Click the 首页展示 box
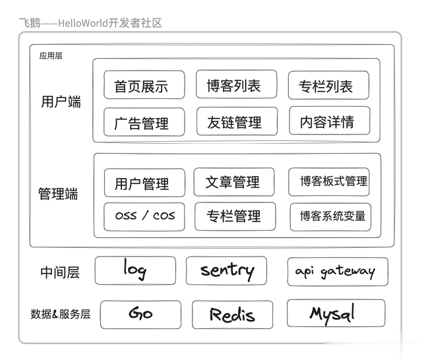pos(144,85)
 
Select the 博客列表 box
pos(237,84)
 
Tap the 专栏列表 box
pos(328,85)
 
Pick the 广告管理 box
pos(144,122)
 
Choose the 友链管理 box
pos(237,121)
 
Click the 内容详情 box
pos(330,121)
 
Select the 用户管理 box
pos(145,183)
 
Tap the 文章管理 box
pos(234,182)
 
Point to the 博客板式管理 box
pos(329,182)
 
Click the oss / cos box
pos(144,217)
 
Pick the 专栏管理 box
pos(235,216)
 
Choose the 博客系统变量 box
pos(330,217)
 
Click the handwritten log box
pos(135,270)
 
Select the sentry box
pos(226,270)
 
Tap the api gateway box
pos(338,272)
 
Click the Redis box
pos(233,315)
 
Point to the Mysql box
pos(336,313)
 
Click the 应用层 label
pos(51,55)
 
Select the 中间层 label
pos(60,272)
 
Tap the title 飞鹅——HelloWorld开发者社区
pos(91,23)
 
